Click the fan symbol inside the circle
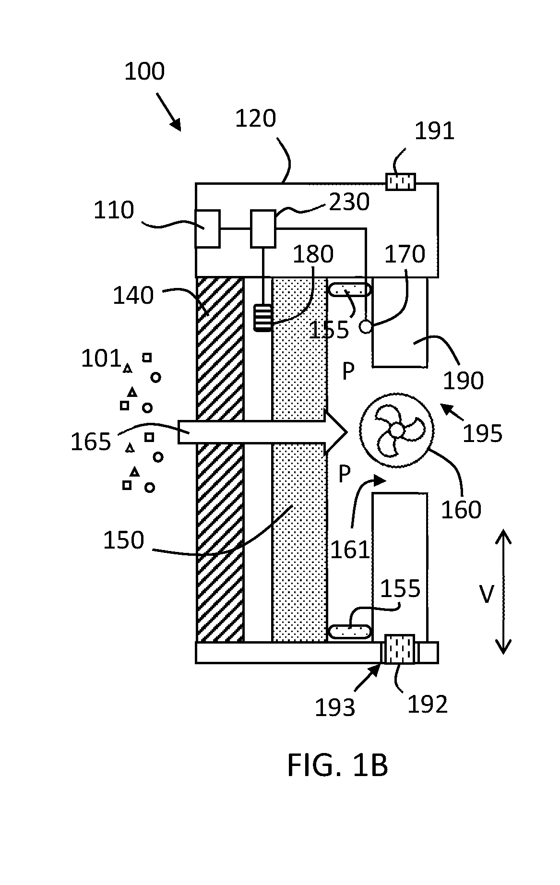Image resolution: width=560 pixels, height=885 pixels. coord(397,431)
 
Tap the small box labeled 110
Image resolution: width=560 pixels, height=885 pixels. coord(207,228)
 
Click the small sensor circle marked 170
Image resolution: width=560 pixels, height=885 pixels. coord(366,327)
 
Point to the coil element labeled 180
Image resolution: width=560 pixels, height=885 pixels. coord(263,318)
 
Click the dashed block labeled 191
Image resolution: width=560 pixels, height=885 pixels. coord(401,182)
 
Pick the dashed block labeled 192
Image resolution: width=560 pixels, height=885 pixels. coord(400,649)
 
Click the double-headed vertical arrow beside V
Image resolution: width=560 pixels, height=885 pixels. coord(503,591)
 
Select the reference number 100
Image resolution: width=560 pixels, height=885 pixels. coord(144,71)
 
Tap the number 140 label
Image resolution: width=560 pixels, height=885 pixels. coord(133,296)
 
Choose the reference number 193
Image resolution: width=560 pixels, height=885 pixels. coord(335,707)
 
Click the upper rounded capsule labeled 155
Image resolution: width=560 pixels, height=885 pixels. coord(349,289)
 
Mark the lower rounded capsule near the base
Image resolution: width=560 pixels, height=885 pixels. coord(349,631)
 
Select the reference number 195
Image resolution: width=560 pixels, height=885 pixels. coord(482,433)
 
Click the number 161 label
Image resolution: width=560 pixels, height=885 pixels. coord(350,550)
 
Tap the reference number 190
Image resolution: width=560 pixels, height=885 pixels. coord(463,381)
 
